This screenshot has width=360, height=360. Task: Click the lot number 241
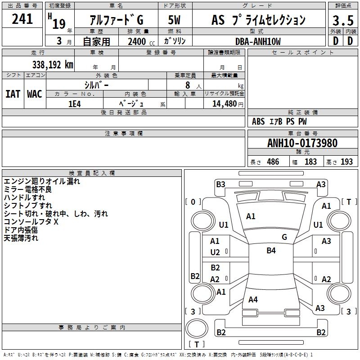(x=22, y=19)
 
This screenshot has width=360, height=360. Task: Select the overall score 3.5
(x=342, y=20)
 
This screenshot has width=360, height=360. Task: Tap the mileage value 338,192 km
(x=53, y=64)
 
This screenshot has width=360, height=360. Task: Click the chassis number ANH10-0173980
(x=302, y=144)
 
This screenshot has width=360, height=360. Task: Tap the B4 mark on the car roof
(x=271, y=251)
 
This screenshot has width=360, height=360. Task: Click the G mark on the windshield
(x=284, y=237)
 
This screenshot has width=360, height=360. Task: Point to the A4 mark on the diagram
(x=253, y=299)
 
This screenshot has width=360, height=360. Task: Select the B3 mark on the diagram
(x=220, y=184)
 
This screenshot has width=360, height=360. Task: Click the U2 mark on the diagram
(x=215, y=252)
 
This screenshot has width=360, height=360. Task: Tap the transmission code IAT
(x=13, y=94)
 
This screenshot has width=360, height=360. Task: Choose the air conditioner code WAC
(x=35, y=94)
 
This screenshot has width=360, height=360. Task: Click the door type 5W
(x=175, y=20)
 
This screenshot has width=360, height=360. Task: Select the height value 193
(x=347, y=162)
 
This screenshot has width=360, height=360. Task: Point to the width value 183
(x=310, y=162)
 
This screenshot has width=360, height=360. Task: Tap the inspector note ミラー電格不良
(x=27, y=189)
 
